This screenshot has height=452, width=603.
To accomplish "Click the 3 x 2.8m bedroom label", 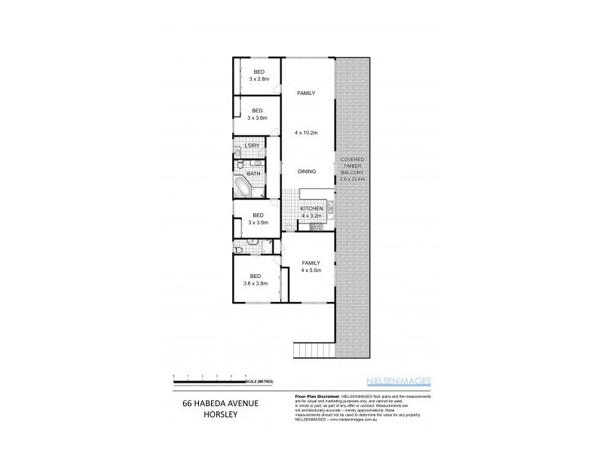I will (x=259, y=75).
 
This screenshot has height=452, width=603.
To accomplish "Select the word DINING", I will (x=306, y=172).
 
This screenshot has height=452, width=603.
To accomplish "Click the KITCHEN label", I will (x=312, y=209).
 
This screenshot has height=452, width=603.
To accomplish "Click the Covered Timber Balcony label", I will (x=354, y=169).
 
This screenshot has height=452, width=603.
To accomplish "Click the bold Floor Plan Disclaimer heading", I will (x=313, y=396).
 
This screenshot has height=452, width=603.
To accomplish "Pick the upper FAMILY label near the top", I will (x=306, y=93).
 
